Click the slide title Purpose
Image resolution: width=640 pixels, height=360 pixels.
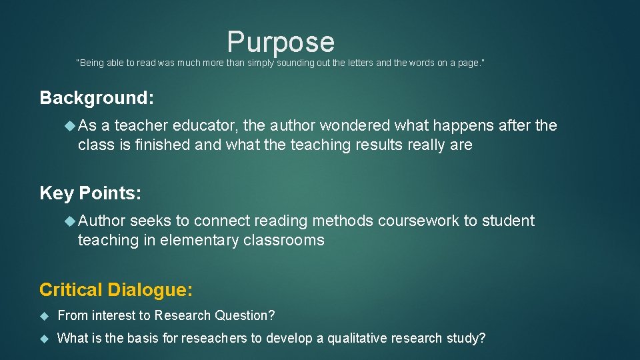(x=281, y=41)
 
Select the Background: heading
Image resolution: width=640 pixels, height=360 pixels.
(x=97, y=98)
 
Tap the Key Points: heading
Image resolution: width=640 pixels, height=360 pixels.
(x=91, y=193)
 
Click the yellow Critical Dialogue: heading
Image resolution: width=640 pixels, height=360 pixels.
(x=116, y=290)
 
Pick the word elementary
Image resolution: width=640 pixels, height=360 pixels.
(x=198, y=240)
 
